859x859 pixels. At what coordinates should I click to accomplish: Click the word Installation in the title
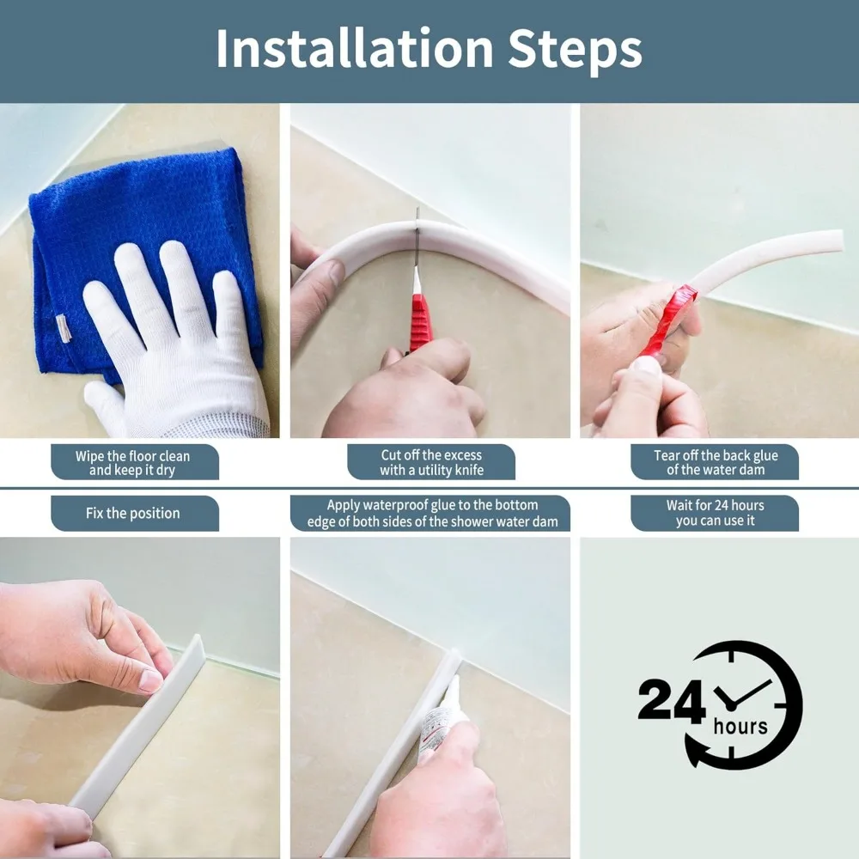tap(355, 48)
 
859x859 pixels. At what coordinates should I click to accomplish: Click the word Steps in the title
tap(575, 51)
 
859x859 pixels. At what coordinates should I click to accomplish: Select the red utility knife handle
tap(421, 323)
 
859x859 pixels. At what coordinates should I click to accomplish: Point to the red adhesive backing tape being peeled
tap(669, 320)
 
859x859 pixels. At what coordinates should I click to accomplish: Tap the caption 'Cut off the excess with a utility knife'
tap(431, 462)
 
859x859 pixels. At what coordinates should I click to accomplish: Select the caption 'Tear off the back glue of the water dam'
tap(715, 462)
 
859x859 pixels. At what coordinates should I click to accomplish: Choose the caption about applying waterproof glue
tap(430, 514)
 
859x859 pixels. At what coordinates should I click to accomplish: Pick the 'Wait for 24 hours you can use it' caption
tap(715, 514)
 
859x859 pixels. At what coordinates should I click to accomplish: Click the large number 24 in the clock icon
tap(673, 699)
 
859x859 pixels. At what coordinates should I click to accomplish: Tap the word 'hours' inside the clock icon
tap(740, 727)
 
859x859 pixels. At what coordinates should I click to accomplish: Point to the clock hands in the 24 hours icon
tap(740, 696)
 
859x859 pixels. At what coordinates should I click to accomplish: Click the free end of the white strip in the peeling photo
tap(837, 241)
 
